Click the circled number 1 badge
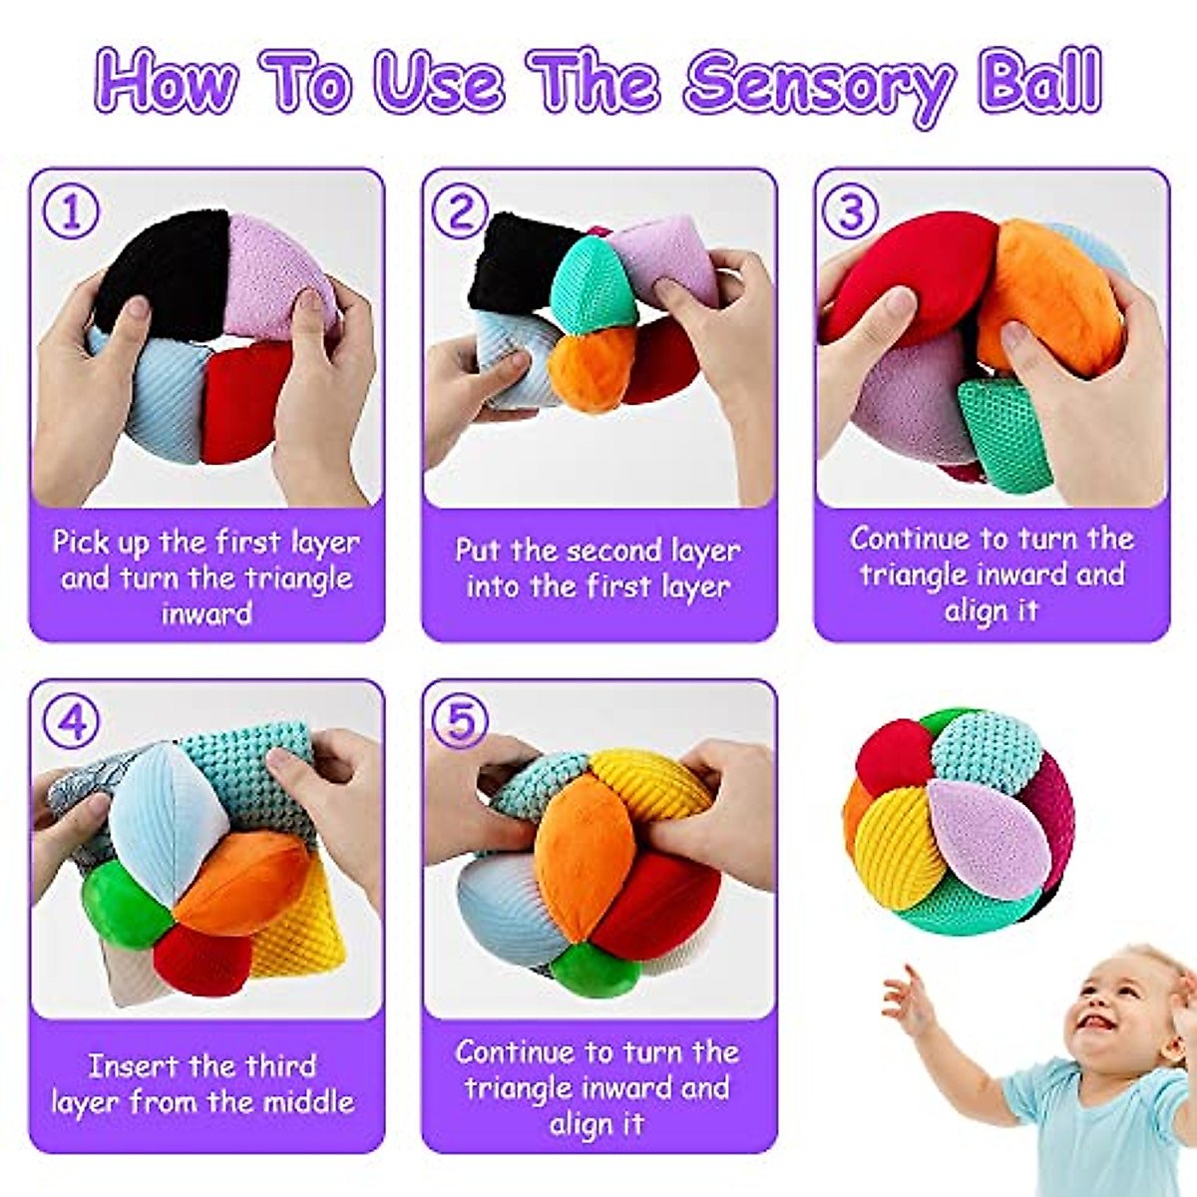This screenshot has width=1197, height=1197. (71, 211)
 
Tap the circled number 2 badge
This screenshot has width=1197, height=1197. (460, 211)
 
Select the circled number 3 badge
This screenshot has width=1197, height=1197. (850, 211)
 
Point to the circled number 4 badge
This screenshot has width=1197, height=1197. (71, 721)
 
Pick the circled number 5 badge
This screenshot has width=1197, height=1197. (460, 721)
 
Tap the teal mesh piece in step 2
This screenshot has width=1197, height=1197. (593, 284)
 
